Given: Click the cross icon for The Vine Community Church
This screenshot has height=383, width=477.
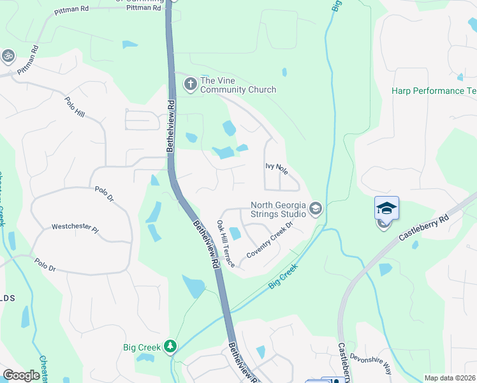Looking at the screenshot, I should (x=189, y=84).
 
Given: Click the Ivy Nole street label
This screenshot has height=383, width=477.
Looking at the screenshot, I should (x=277, y=170).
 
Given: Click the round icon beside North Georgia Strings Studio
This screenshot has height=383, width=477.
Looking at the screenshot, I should (x=315, y=209).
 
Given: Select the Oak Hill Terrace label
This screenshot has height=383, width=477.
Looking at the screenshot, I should (x=226, y=244).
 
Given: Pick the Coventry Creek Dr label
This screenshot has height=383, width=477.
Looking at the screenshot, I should (x=269, y=239).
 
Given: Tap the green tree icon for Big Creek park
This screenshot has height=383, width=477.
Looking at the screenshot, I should (x=170, y=346).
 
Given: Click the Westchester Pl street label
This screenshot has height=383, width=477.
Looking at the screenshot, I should (x=75, y=227).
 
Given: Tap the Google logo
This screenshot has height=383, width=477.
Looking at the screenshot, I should (x=22, y=375).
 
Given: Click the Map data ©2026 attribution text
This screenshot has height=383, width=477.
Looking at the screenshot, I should (x=450, y=378).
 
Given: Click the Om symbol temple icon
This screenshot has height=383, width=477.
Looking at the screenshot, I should (x=8, y=56).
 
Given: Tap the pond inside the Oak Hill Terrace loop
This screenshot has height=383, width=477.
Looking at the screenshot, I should (x=235, y=234).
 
